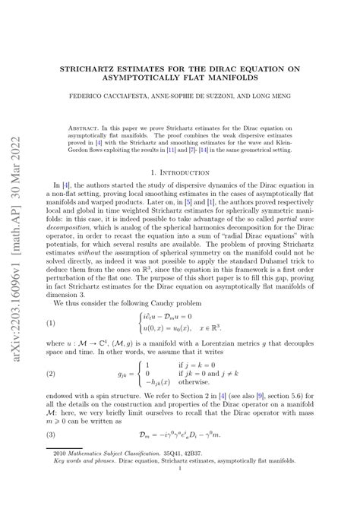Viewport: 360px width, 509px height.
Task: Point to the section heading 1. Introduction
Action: tap(197, 173)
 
